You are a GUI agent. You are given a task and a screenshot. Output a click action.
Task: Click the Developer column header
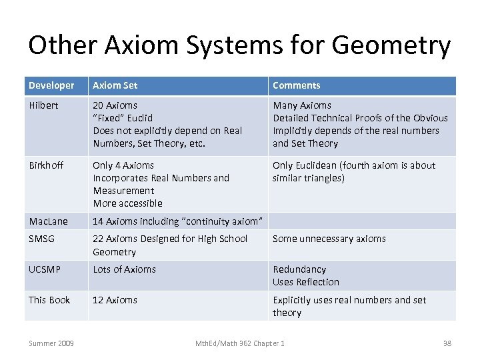(51, 85)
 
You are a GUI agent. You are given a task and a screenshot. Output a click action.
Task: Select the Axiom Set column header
(115, 85)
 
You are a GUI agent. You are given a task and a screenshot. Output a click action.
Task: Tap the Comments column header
(296, 85)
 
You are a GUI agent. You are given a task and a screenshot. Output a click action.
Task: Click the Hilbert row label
(43, 105)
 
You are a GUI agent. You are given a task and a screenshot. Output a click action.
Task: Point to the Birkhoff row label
(45, 165)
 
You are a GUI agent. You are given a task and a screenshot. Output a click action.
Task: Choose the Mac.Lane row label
(48, 221)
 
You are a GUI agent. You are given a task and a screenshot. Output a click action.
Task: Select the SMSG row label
(41, 239)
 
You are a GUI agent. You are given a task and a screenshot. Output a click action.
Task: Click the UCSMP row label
(45, 269)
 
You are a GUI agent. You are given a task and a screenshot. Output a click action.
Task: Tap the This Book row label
(49, 300)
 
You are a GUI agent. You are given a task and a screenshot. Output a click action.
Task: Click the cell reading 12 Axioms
(115, 300)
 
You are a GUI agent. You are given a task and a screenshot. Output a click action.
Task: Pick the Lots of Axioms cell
(124, 269)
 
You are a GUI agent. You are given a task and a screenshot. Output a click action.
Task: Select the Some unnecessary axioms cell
(329, 239)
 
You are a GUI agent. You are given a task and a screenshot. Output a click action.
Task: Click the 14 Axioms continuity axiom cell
(178, 221)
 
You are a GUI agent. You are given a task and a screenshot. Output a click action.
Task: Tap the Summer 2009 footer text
(51, 343)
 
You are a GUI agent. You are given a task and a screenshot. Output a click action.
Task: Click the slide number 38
(447, 343)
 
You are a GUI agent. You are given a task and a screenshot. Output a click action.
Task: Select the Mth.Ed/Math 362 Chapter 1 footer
(239, 343)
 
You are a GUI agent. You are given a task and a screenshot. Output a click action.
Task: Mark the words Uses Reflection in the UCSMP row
(306, 282)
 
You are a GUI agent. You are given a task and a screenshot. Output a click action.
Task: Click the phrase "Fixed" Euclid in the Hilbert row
(123, 118)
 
